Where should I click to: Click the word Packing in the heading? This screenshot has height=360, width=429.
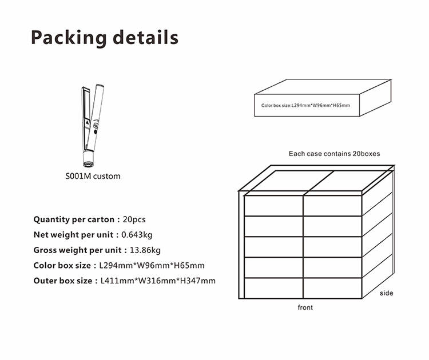pos(69,38)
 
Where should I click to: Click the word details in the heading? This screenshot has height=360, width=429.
pos(145,37)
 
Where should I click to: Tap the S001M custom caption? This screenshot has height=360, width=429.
pos(93,176)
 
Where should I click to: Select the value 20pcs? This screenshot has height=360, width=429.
pos(134,219)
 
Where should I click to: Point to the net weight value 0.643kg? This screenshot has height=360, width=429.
pos(137,235)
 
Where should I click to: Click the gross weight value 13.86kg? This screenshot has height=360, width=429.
pos(145,250)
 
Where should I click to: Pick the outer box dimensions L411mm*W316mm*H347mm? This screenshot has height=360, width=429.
pos(158,281)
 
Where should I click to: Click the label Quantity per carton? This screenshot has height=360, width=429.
pos(74,219)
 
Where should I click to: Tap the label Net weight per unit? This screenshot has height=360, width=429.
pos(73,235)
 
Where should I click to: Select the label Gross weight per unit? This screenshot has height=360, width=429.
pos(77,250)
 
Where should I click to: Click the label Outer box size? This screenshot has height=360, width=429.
pos(63,281)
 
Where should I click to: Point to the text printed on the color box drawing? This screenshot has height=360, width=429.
pos(305,106)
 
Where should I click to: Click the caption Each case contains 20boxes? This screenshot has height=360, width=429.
pos(335,154)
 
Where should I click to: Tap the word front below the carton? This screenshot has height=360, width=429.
pos(305,307)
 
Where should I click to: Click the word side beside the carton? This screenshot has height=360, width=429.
pos(386,293)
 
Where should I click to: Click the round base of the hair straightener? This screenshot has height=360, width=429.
pos(89,164)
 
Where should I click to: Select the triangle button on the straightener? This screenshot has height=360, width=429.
pos(88,123)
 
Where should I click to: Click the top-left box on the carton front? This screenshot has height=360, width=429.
pos(273,206)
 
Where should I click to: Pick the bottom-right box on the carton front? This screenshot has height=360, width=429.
pos(333,288)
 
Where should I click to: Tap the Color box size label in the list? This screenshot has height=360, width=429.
pos(62,265)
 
